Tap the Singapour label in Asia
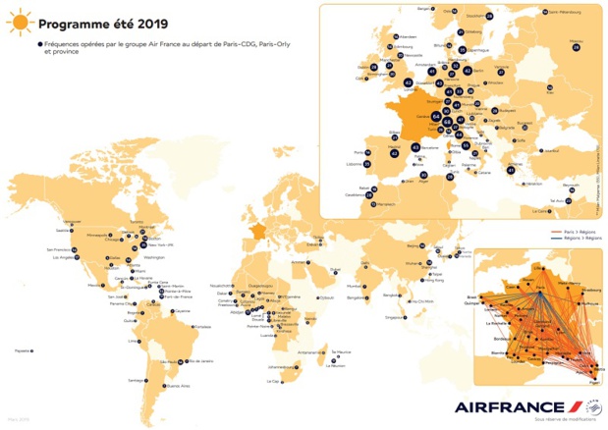[397, 318]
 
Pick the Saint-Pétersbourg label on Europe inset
[568, 11]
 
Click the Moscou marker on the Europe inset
[575, 46]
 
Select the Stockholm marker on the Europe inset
[488, 16]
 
